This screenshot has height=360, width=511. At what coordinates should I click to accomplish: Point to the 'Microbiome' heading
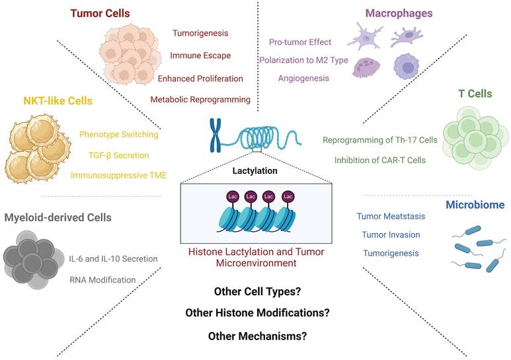click(x=475, y=205)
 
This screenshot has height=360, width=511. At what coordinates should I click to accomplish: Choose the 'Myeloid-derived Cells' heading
click(x=58, y=217)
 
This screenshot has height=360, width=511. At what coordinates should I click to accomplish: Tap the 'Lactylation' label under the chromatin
click(x=255, y=170)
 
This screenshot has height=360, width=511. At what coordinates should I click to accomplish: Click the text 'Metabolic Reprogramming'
click(x=200, y=100)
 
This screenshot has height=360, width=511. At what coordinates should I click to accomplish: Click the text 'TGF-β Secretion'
click(x=114, y=155)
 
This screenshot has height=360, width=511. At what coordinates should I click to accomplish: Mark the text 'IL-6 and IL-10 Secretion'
click(x=113, y=258)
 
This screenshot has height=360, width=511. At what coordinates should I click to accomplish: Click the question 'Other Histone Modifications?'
click(x=258, y=312)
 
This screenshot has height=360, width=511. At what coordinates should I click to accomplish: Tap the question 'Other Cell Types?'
click(x=258, y=291)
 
